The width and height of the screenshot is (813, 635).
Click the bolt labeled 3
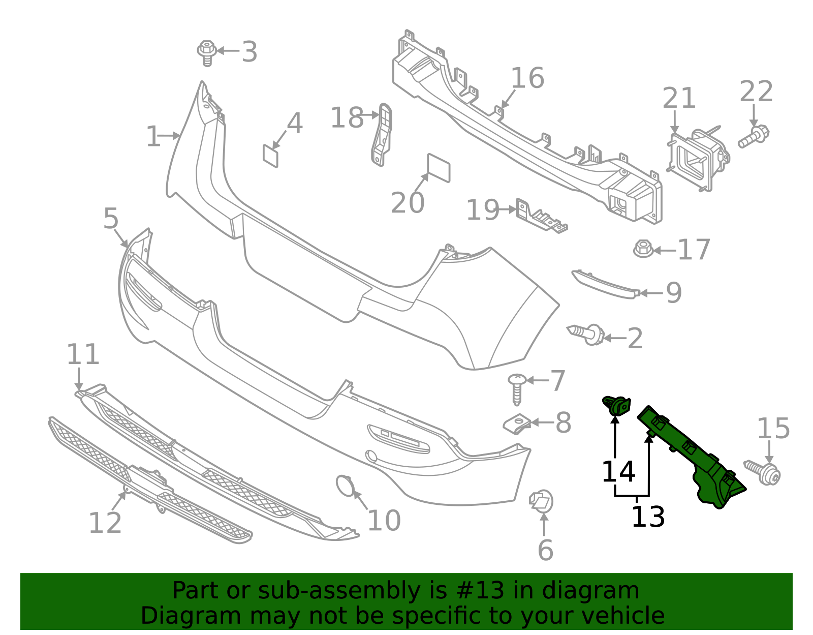coord(207,52)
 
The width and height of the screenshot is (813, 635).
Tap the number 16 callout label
coord(527,78)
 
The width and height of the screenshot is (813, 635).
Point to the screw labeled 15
coord(764,472)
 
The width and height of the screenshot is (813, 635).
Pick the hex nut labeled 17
coord(643,249)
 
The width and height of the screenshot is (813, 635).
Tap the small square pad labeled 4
coord(270,156)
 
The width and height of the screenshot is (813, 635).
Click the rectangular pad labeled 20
coord(439,168)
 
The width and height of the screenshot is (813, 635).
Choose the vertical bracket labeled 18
coord(382,135)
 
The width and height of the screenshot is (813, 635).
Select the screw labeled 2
coord(587,334)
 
